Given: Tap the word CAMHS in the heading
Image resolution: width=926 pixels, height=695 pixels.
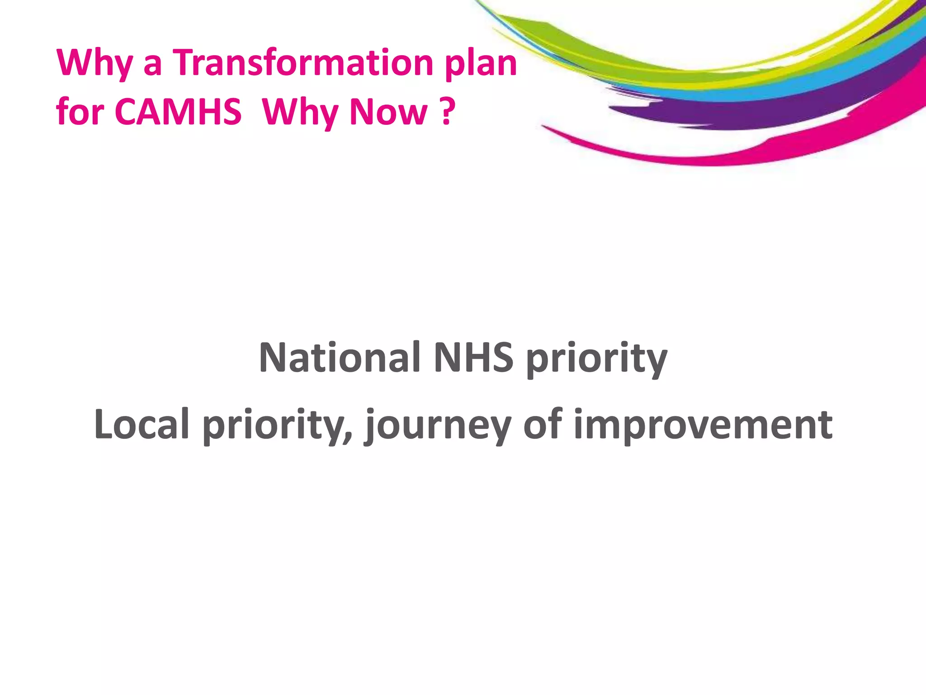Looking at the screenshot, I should [178, 112].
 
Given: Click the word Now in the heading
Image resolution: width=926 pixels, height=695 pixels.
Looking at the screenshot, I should [388, 112].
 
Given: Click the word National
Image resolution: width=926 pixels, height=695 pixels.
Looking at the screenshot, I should [340, 357].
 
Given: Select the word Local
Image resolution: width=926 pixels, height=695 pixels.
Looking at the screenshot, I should [142, 424].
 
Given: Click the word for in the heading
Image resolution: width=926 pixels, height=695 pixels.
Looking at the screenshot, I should [80, 112].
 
